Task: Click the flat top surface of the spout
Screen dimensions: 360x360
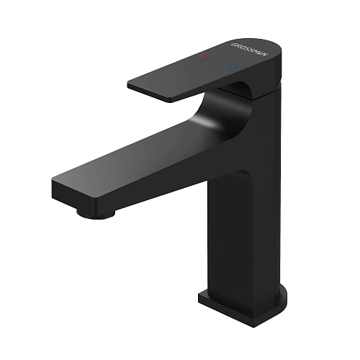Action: pos(130,162)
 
